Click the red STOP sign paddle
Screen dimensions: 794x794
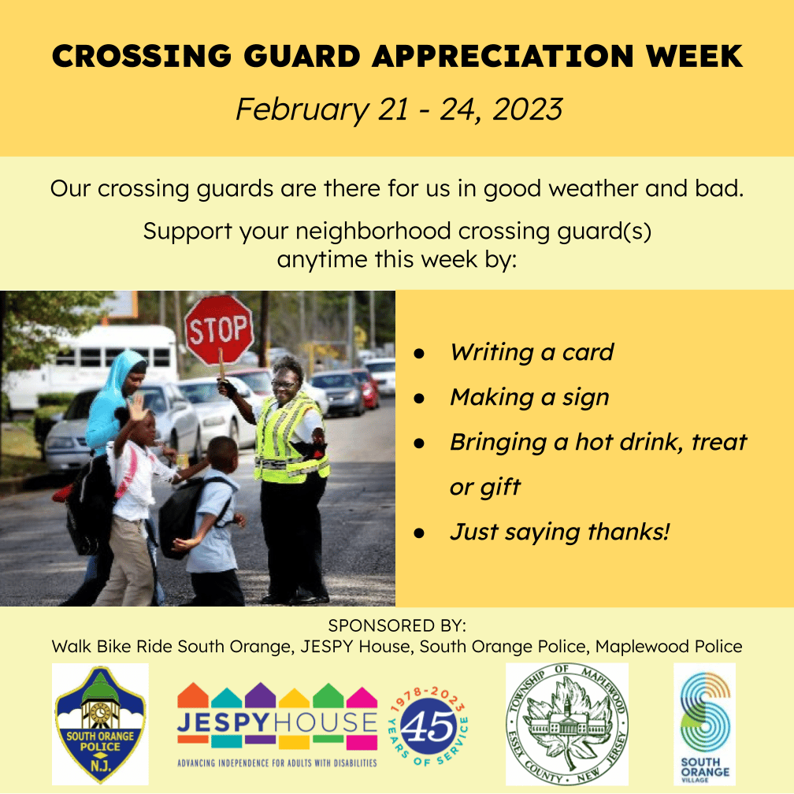219,330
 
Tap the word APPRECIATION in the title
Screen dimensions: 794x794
503,56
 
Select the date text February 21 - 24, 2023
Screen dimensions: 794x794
399,109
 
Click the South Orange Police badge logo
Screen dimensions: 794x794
100,724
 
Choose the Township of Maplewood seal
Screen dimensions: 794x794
567,724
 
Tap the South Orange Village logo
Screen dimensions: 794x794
705,724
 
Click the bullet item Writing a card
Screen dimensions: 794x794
532,352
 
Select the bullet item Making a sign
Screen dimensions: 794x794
529,398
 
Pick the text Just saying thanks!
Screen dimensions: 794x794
560,532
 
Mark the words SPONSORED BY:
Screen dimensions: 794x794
397,625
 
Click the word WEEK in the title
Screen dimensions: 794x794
694,56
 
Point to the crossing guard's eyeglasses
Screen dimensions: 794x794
285,384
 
